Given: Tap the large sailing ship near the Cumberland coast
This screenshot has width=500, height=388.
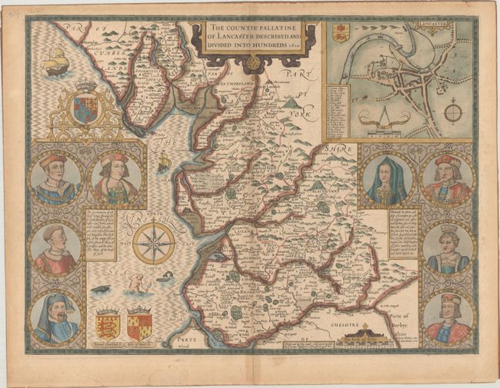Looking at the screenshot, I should click(55, 61).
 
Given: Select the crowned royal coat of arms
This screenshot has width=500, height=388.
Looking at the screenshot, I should click(85, 106).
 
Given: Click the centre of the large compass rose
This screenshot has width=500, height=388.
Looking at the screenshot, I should click(153, 243).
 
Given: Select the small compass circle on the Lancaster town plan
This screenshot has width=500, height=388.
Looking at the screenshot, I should click(453, 113).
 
